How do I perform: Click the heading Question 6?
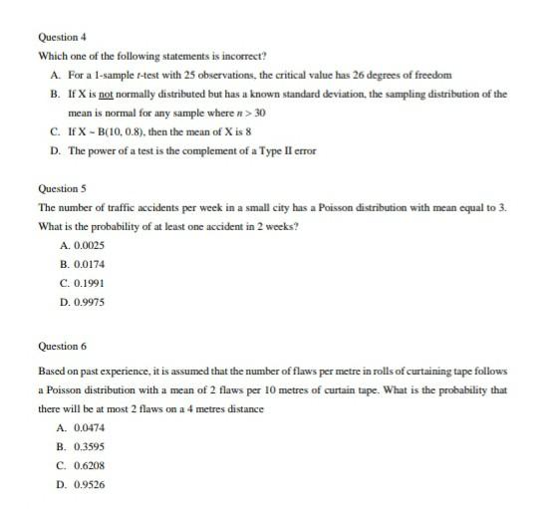(63, 346)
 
